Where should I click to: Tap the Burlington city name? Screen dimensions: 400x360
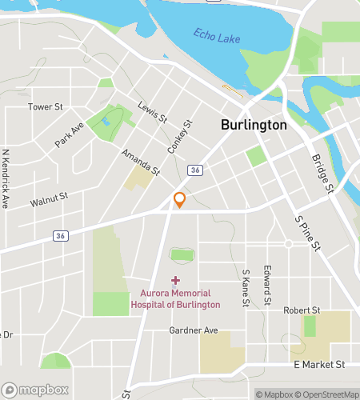254,126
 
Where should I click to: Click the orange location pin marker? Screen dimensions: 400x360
180,200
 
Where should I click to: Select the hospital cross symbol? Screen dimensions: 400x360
176,280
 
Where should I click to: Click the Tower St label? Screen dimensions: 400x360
45,106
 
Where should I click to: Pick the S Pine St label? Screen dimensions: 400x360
307,233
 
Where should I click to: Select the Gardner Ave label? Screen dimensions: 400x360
194,330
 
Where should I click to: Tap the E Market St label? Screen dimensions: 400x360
318,364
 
